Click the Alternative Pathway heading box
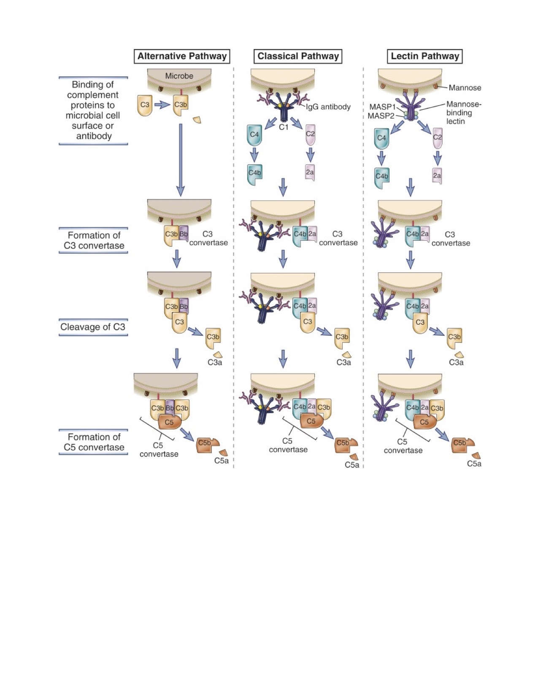[x=182, y=56]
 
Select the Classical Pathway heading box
[x=298, y=56]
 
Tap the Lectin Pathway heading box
[x=424, y=56]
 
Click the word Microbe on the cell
[x=179, y=76]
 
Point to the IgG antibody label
[x=328, y=107]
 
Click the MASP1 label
[x=382, y=107]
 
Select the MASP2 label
[x=381, y=116]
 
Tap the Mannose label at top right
[x=465, y=88]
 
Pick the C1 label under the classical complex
[x=284, y=127]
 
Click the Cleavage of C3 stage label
[x=93, y=327]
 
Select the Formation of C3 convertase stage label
[x=94, y=240]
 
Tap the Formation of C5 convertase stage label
[x=94, y=442]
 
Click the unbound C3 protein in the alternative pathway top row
[x=145, y=105]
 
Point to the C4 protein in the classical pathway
[x=254, y=135]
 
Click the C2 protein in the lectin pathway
[x=438, y=138]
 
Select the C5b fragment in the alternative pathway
[x=207, y=445]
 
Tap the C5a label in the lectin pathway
[x=474, y=464]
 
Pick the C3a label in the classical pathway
[x=343, y=362]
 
